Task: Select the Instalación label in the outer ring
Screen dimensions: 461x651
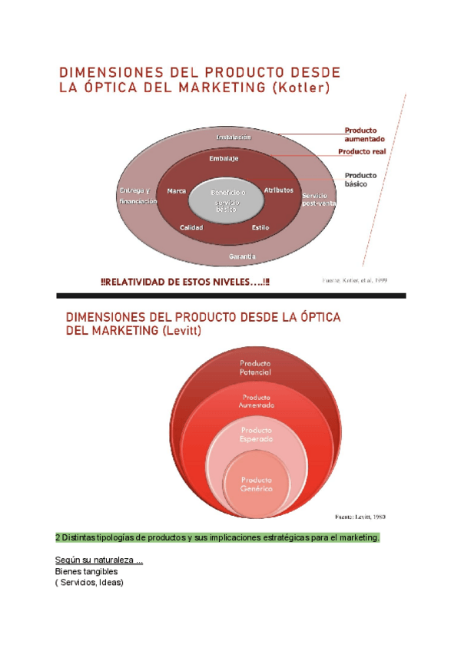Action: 234,137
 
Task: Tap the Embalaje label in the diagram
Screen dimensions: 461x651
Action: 224,159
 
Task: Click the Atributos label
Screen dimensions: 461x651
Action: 278,190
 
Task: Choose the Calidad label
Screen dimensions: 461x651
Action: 191,228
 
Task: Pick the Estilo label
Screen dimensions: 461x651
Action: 260,228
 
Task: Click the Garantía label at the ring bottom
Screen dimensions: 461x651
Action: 243,256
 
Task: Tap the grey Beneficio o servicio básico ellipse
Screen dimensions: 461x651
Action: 227,200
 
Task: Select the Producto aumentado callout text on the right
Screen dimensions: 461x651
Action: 364,135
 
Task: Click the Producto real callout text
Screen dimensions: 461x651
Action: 362,152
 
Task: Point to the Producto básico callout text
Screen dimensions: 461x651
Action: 360,180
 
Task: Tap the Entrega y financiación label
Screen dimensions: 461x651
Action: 138,195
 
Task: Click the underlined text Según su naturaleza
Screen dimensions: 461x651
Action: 98,560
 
